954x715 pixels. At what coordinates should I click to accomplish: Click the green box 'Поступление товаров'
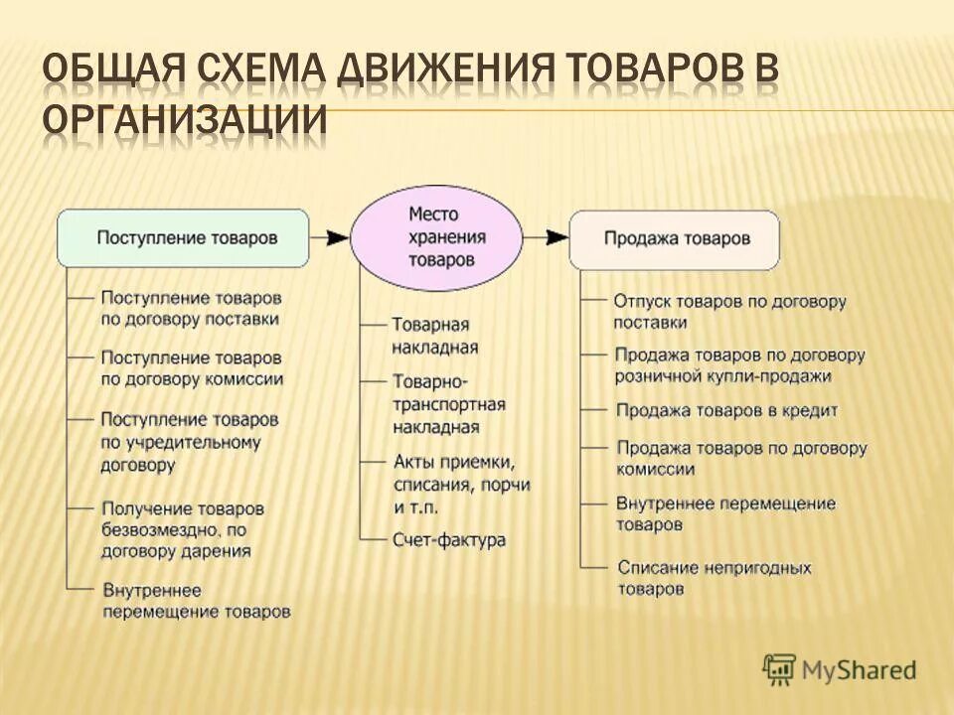point(183,238)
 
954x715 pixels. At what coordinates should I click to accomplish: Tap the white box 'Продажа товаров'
point(675,239)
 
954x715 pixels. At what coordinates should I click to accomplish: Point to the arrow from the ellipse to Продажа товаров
point(547,238)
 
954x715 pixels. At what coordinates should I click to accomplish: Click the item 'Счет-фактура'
point(449,540)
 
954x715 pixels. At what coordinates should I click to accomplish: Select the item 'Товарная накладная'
point(435,336)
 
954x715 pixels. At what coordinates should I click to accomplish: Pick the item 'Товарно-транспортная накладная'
point(449,404)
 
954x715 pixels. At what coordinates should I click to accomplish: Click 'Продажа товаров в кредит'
point(726,410)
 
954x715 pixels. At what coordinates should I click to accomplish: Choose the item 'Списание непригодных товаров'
point(714,578)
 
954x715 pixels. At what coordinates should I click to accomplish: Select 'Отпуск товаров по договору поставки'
point(728,311)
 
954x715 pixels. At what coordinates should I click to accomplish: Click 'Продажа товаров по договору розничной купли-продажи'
point(738,365)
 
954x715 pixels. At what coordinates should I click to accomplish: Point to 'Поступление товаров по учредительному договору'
point(189,442)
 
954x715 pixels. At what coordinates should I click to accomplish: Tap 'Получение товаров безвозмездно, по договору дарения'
point(183,529)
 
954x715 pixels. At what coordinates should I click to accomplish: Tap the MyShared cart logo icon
point(779,669)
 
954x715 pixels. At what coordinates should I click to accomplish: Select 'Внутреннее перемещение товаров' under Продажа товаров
point(725,513)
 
